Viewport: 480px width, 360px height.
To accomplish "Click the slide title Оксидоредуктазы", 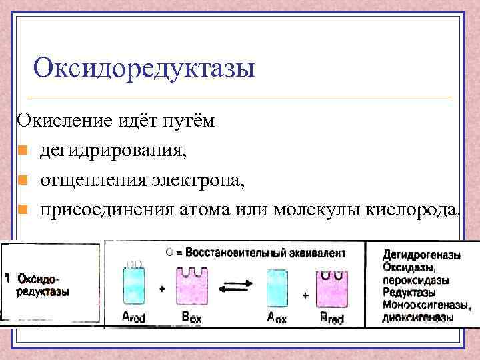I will click(x=144, y=67).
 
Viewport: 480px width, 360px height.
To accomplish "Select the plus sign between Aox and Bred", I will click(x=305, y=294).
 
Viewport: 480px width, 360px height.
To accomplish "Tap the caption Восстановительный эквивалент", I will click(x=274, y=253).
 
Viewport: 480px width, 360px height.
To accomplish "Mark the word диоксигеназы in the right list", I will click(x=418, y=317).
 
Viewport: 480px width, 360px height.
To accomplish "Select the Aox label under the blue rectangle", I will click(x=276, y=319).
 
